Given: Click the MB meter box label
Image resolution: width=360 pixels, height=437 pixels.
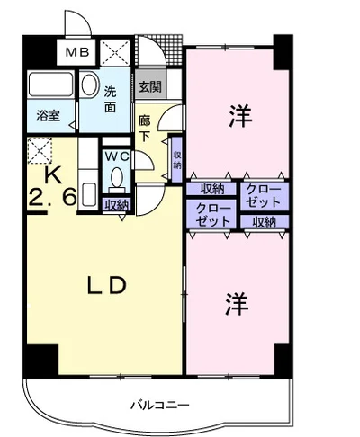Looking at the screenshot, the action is pos(77,53).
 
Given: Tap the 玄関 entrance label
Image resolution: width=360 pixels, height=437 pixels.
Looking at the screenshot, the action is pos(150,87).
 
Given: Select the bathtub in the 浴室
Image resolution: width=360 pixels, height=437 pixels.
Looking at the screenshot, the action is pos(51,84).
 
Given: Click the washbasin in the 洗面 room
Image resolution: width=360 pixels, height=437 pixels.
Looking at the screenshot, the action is pos(89,85).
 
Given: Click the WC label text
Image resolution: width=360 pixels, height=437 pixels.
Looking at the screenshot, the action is pos(117,156).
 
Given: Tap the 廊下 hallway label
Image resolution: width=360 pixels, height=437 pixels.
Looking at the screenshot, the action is pos(144,129).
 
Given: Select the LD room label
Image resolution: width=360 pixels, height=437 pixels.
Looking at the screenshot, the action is pos(106,285).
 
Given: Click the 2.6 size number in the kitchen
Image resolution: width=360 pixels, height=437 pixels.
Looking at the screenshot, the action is pos(52,198).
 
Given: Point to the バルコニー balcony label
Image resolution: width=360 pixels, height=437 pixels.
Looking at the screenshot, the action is pos(160,406).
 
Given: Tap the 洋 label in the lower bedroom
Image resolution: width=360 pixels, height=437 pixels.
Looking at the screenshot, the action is pos(237,303).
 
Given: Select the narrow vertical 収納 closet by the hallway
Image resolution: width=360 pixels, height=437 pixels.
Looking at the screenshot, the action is pos(177,159).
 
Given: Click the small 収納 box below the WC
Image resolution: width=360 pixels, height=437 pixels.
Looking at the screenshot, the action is pos(117,205).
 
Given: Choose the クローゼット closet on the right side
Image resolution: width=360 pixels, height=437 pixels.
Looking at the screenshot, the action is pos(264,196).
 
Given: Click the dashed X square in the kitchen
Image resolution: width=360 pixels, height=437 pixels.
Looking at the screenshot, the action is pos(40,150).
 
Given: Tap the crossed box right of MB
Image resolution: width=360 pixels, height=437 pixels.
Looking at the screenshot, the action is pos(115,53).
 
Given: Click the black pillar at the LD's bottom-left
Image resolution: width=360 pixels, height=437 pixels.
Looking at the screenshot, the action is pos(41,361).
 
